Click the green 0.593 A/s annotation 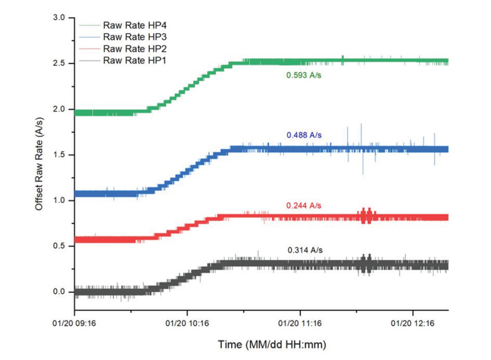[x=304, y=75]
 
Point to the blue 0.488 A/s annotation [x=304, y=135]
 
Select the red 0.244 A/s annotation [x=304, y=206]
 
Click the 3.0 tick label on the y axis [x=59, y=17]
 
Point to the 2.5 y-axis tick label [x=59, y=63]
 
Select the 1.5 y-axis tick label [x=59, y=155]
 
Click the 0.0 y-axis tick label [x=59, y=292]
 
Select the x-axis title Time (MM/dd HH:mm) [x=272, y=344]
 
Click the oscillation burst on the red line [x=367, y=216]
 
